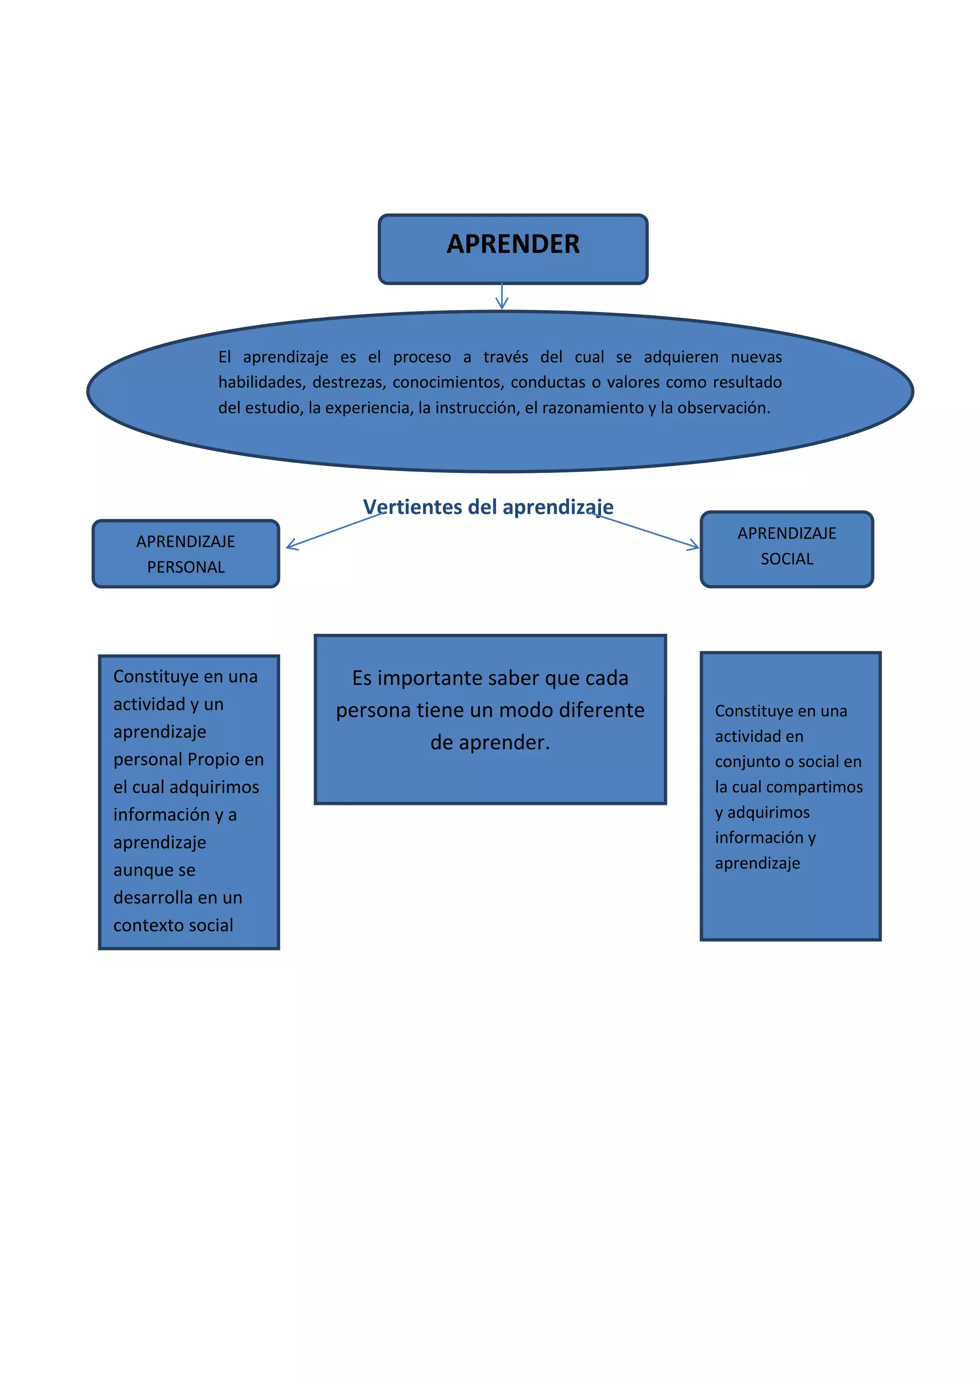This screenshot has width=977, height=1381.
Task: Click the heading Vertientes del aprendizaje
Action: [x=488, y=507]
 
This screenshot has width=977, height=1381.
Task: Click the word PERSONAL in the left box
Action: [x=186, y=567]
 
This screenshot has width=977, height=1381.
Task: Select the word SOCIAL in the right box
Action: [x=786, y=559]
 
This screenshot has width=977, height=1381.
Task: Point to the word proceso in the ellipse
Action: [x=422, y=357]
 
